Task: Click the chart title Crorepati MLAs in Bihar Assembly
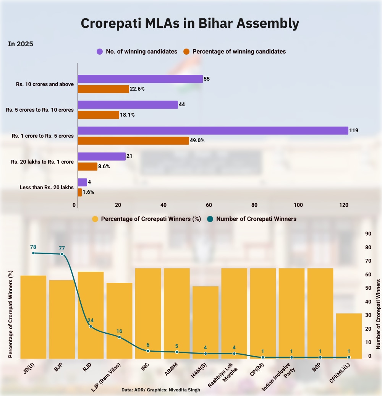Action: click(190, 23)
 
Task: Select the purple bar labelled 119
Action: click(213, 130)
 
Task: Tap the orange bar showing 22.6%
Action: click(103, 89)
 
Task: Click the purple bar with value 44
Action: click(128, 104)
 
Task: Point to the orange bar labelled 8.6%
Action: click(87, 167)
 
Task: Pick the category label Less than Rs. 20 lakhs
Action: click(47, 187)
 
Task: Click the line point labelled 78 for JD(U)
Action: click(33, 253)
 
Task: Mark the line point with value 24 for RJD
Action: click(91, 326)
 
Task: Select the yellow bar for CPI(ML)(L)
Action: click(349, 336)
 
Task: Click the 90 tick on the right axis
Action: click(369, 234)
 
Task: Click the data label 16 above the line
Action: click(119, 331)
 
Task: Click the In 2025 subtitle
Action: click(21, 44)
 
